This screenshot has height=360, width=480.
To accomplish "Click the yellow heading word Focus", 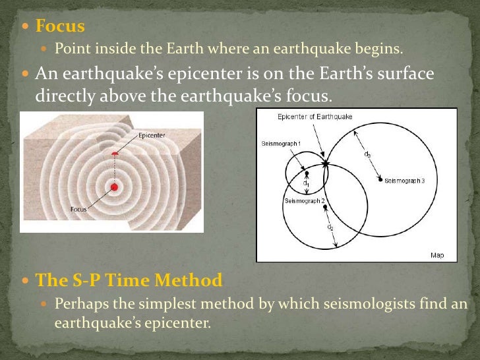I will pos(60,26).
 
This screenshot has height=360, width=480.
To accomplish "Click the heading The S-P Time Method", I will pos(129,280).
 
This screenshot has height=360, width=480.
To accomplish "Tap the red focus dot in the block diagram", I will pos(114,187).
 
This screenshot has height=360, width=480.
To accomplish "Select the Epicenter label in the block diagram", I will pos(152,136).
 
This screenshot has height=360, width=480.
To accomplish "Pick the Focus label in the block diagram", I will pos(78,210).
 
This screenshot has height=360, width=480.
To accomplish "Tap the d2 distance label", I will pos(330,227).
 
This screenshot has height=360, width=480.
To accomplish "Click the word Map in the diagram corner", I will pos(437,255).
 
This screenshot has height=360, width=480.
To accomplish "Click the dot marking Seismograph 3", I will pos(380,179).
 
